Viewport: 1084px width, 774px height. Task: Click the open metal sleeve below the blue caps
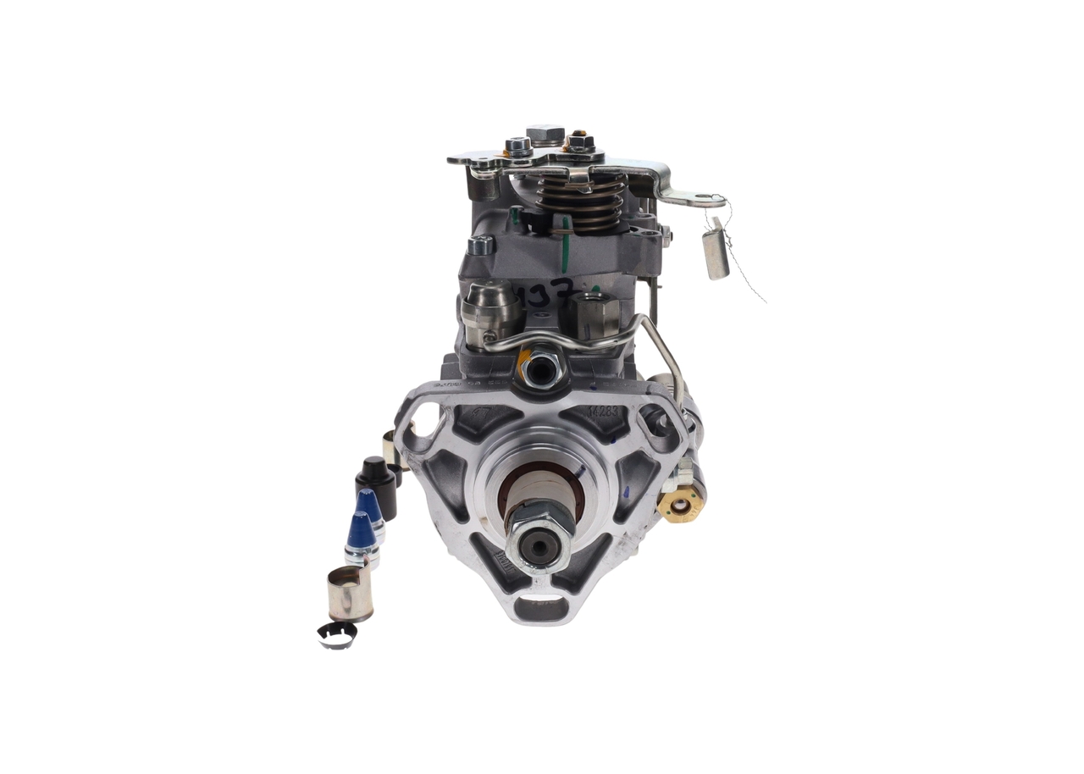[349, 592]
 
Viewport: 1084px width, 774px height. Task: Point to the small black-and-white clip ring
[337, 634]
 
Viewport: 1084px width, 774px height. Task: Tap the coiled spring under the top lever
[581, 204]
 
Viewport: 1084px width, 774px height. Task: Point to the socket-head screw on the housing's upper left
[480, 246]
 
